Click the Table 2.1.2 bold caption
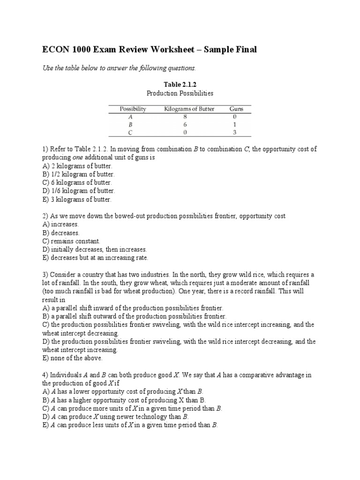coord(180,84)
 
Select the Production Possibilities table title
coord(180,93)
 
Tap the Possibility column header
coord(133,109)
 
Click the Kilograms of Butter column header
coord(189,109)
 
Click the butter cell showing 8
coord(189,117)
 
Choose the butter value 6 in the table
coord(189,125)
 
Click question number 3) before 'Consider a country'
coord(45,275)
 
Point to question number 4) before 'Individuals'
coord(45,375)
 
